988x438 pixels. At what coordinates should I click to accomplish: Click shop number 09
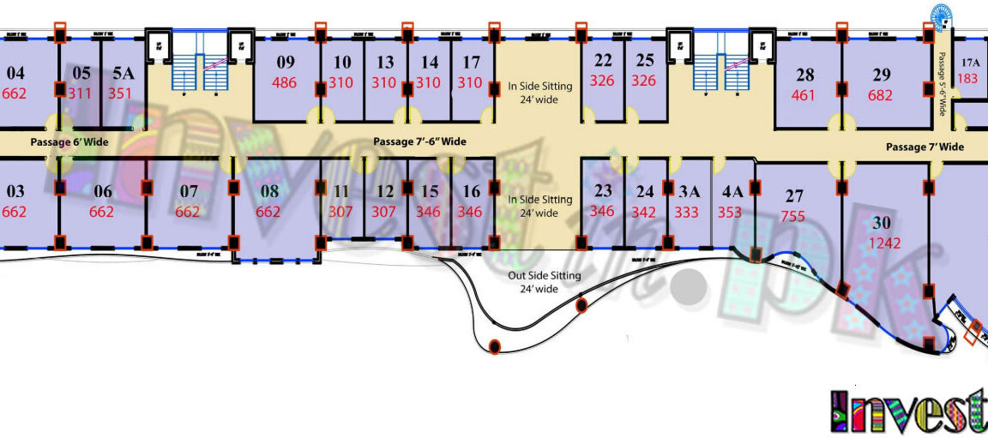(286, 62)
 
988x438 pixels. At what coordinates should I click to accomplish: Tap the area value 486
(286, 83)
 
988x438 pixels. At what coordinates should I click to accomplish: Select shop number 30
(882, 223)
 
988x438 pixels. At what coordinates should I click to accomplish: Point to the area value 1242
(885, 243)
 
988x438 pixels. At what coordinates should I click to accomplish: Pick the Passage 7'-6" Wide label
(419, 141)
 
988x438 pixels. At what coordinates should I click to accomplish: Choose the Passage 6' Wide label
(69, 141)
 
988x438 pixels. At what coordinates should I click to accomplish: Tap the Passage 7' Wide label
(925, 147)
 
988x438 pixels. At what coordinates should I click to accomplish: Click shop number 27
(794, 195)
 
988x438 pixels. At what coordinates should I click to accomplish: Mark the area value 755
(793, 217)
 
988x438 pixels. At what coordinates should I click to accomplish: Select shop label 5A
(123, 73)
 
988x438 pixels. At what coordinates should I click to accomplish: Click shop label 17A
(970, 62)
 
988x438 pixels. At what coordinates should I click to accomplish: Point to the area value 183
(967, 78)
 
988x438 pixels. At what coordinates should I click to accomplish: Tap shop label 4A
(732, 191)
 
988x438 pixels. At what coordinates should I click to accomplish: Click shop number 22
(603, 61)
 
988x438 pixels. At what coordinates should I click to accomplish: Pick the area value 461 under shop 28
(803, 95)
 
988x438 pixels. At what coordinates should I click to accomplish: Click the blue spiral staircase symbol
(941, 15)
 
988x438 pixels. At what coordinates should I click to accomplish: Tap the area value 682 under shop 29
(880, 95)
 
